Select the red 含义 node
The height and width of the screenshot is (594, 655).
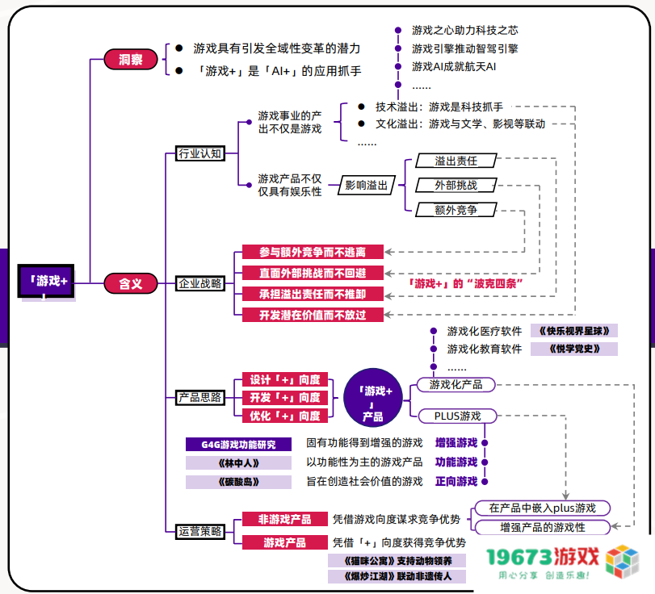pyautogui.click(x=130, y=283)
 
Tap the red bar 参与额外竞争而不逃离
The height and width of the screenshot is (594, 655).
pyautogui.click(x=313, y=252)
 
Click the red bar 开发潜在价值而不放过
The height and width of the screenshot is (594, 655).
pyautogui.click(x=313, y=315)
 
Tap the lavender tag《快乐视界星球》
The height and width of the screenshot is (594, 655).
pyautogui.click(x=574, y=331)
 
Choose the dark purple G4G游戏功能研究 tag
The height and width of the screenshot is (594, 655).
pyautogui.click(x=238, y=443)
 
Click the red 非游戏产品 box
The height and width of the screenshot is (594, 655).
pyautogui.click(x=284, y=520)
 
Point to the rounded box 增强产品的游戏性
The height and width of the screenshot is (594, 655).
pyautogui.click(x=542, y=527)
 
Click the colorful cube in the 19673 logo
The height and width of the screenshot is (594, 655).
pyautogui.click(x=623, y=562)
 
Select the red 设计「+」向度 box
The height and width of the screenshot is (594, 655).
pyautogui.click(x=284, y=379)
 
